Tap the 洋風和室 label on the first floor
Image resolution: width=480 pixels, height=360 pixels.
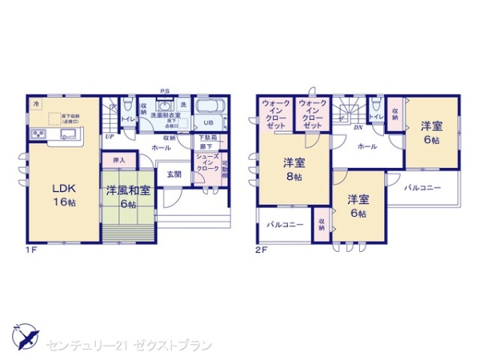(128, 195)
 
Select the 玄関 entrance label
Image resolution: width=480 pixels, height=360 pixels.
(174, 174)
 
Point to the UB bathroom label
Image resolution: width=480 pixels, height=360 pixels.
(207, 123)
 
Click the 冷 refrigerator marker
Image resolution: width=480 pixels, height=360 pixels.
(35, 104)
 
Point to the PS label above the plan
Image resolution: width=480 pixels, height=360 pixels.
(164, 90)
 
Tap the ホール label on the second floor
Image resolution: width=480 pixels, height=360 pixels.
(367, 147)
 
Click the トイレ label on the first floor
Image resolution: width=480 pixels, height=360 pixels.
(127, 120)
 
